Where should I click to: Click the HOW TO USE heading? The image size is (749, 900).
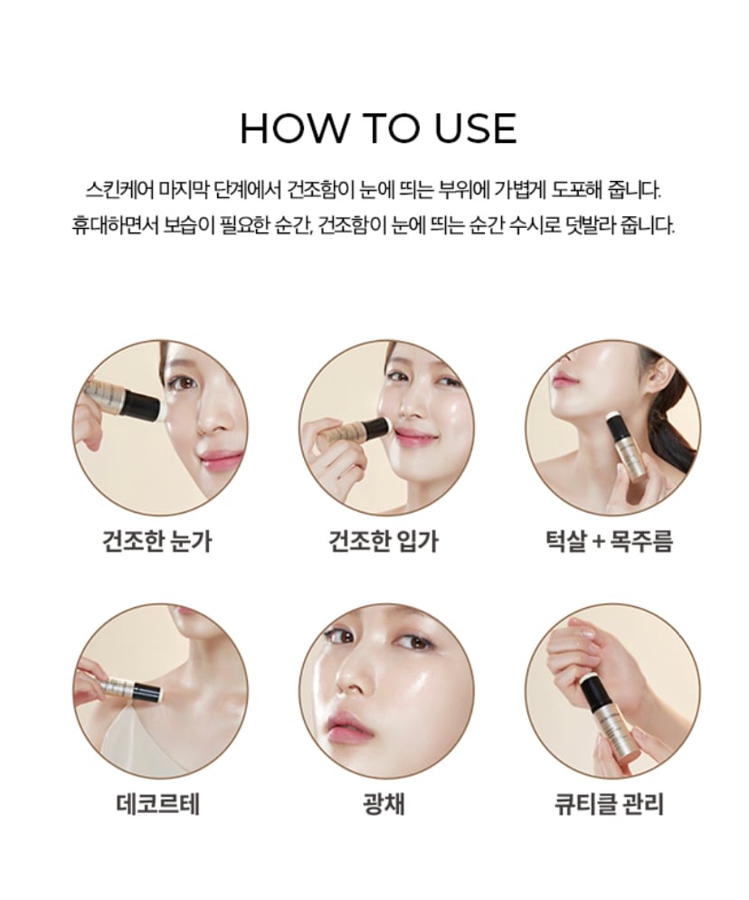pos(378,128)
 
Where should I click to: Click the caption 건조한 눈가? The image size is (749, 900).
pos(157,542)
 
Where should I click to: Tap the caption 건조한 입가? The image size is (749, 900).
pos(384,542)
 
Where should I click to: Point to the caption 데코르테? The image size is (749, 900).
pos(157,803)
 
